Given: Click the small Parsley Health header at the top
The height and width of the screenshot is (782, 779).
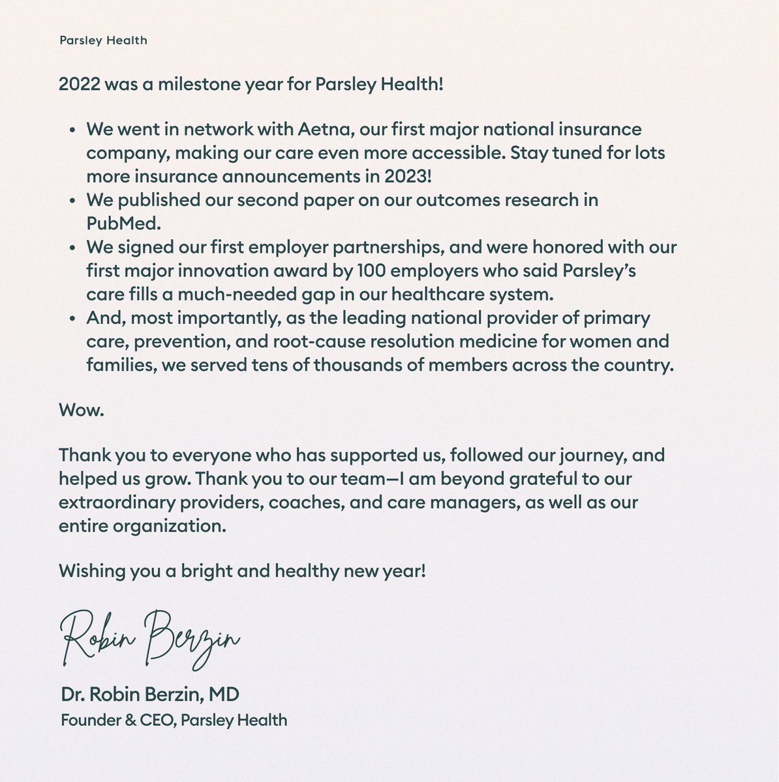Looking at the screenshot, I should [x=103, y=40].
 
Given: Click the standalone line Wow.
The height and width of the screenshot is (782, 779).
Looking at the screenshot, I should [x=81, y=412].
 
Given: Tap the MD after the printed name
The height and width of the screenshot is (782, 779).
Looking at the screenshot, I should [x=224, y=695].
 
